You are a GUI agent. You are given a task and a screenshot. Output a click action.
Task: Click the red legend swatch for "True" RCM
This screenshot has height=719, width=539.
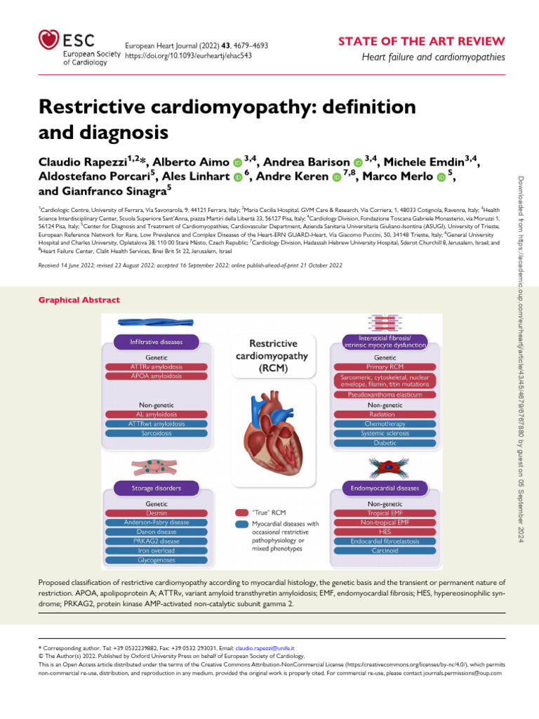pos(241,513)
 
